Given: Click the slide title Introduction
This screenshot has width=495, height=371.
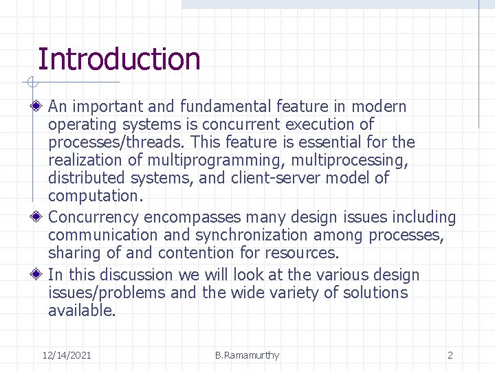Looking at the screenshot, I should pos(119,59).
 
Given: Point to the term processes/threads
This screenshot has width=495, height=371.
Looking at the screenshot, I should pos(118,142).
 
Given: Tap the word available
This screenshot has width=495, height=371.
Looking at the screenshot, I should pos(82,311).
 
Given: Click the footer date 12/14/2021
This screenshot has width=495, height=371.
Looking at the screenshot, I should pos(67,355).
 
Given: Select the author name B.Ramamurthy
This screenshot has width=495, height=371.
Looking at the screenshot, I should pos(247,355).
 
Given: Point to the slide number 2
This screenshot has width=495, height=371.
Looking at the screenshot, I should pos(450,355).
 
